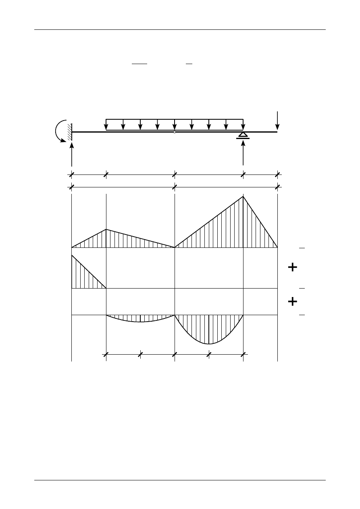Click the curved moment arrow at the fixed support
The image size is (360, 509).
[x=58, y=131]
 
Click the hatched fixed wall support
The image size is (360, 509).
[x=70, y=132]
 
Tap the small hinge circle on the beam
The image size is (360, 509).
[x=174, y=132]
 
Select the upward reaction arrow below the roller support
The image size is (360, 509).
[x=243, y=153]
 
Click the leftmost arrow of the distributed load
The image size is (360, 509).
[x=106, y=125]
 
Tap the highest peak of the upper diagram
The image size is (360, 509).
[x=243, y=196]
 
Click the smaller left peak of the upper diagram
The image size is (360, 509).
[x=106, y=229]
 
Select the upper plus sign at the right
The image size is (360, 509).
[x=293, y=267]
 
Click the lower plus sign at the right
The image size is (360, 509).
[x=293, y=301]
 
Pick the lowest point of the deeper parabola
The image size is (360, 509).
[x=208, y=344]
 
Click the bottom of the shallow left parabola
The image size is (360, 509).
[x=140, y=322]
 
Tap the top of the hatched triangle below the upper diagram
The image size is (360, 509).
[x=72, y=256]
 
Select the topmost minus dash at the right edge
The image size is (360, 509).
[x=302, y=248]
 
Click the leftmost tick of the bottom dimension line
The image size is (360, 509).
[x=106, y=354]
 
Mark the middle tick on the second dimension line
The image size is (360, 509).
[x=174, y=187]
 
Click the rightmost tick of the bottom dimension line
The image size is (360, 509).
[x=243, y=354]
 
